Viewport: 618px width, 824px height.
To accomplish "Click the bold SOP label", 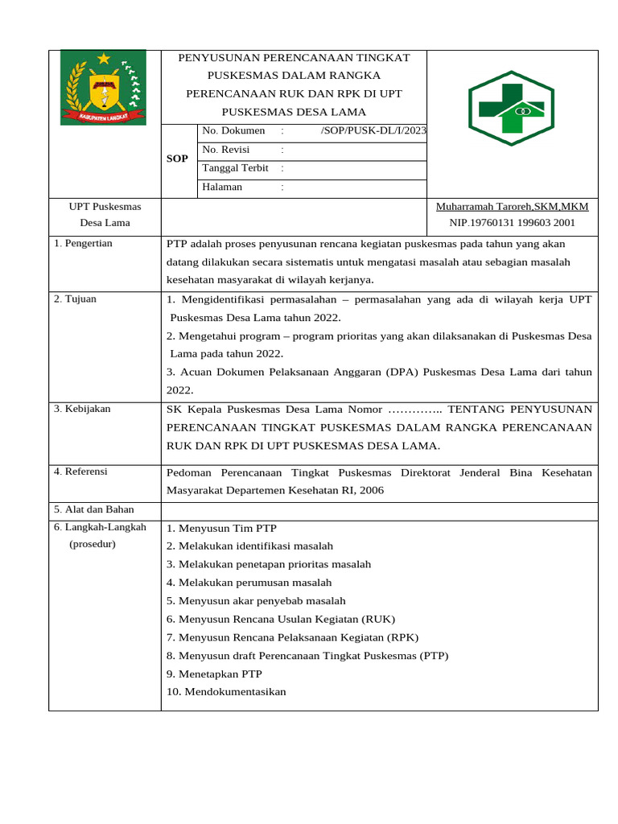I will [177, 159].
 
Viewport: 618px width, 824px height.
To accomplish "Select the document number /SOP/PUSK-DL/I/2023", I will [373, 131].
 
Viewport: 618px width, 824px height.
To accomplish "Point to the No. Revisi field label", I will [226, 150].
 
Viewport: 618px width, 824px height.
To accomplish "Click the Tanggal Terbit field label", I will [236, 168].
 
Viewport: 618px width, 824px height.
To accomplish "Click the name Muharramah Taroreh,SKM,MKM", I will [512, 207].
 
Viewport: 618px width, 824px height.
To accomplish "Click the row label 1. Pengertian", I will [83, 243].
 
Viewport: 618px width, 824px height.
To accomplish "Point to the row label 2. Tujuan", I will [75, 299].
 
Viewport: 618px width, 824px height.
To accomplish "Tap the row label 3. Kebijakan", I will [82, 409].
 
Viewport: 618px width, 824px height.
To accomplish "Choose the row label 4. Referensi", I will [80, 471].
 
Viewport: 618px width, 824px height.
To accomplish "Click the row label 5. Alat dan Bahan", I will [94, 509].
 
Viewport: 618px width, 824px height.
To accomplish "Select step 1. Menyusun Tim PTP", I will [221, 529].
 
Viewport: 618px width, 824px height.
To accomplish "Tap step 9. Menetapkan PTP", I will [214, 674].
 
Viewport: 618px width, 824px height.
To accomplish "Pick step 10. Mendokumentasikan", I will [226, 692].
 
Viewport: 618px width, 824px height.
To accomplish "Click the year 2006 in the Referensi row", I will [373, 490].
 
